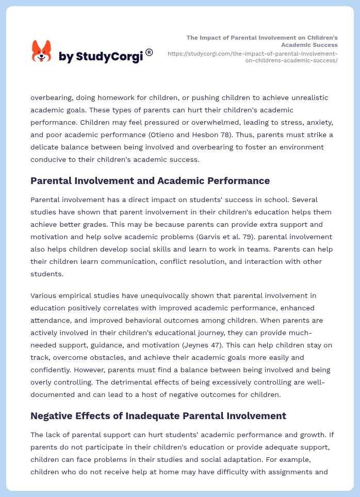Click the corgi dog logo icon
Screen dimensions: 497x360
41,51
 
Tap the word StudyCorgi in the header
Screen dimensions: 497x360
109,57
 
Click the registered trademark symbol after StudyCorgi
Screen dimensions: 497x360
149,52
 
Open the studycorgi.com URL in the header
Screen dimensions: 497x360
253,57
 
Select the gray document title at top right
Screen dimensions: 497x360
262,41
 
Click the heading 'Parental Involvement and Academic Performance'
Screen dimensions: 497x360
150,180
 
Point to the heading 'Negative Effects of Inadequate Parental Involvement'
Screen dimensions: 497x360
158,416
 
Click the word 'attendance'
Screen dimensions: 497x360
51,320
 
